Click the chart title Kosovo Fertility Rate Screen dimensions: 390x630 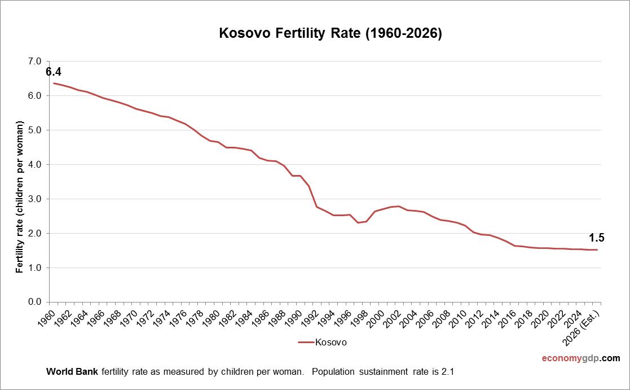[x=330, y=34]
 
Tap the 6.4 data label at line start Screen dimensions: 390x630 [x=54, y=72]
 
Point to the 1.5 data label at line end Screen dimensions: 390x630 [x=596, y=238]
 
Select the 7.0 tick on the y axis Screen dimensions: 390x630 [x=35, y=62]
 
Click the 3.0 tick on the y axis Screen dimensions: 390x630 [x=35, y=199]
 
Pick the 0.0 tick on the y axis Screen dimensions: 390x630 [x=35, y=302]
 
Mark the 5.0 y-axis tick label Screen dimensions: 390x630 [x=35, y=130]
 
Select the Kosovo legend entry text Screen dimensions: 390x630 [x=331, y=342]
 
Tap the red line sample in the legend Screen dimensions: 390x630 [x=305, y=342]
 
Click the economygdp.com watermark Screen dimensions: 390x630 [x=581, y=358]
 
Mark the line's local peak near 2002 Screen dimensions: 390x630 [x=399, y=206]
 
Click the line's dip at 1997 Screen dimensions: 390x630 [x=358, y=222]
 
